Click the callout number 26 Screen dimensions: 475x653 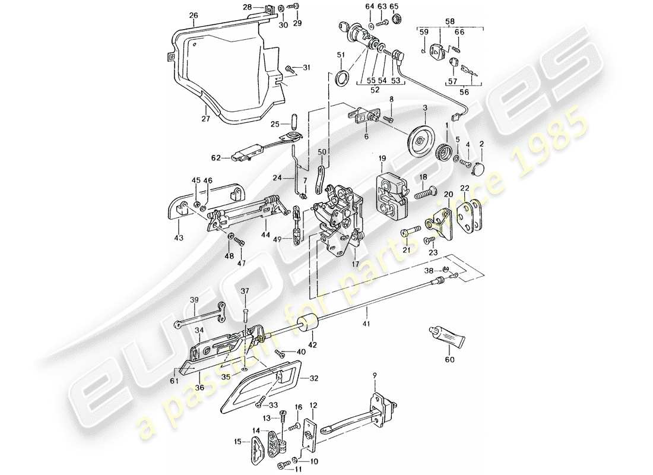coord(177,15)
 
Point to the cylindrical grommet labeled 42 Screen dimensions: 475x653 coord(309,326)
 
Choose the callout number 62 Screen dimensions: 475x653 coord(215,158)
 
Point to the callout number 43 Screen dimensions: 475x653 coord(179,237)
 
